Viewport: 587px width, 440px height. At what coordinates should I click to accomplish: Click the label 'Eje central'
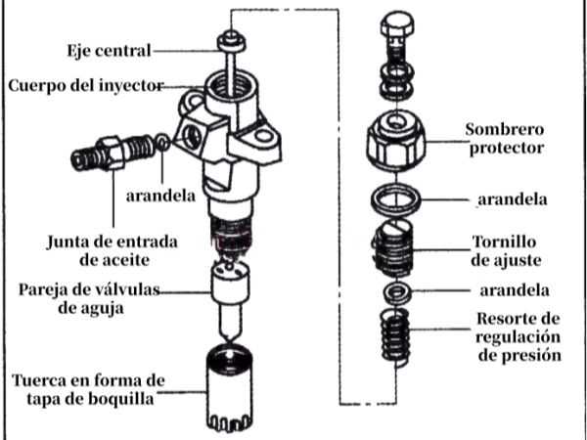(x=109, y=50)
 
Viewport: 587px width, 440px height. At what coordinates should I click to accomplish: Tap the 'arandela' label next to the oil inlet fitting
(x=161, y=194)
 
